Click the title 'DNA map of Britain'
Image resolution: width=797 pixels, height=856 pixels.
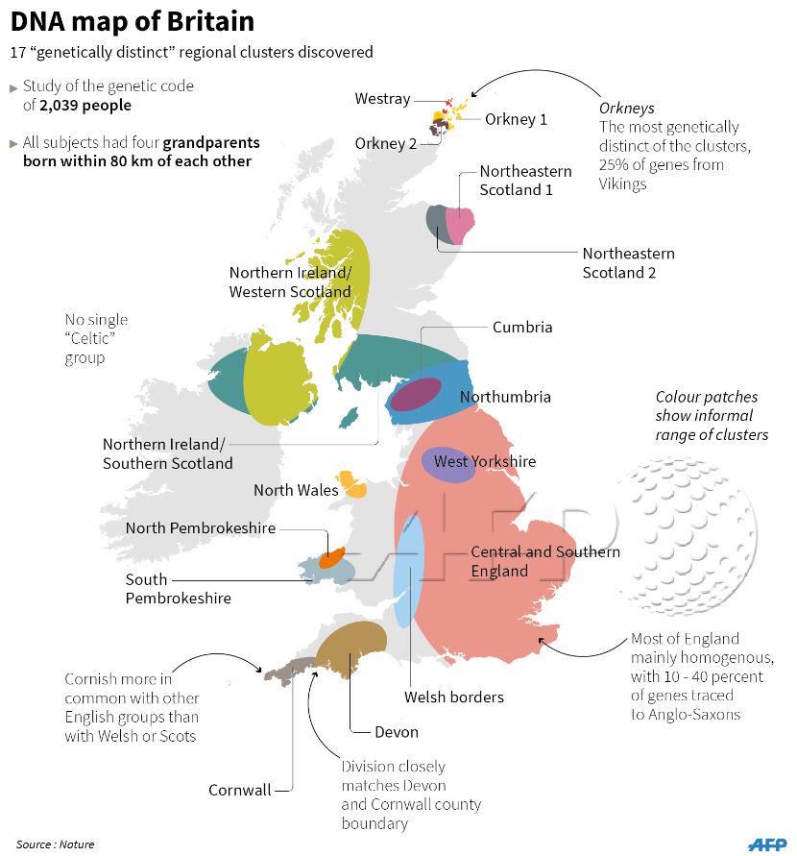[133, 21]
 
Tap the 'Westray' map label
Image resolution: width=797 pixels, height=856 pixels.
[382, 99]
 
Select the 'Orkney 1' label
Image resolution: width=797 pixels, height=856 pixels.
[516, 119]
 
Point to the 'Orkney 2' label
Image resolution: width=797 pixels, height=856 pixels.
[386, 143]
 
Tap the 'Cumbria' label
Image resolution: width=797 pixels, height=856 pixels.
[522, 327]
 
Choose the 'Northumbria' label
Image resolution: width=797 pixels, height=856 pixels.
[505, 397]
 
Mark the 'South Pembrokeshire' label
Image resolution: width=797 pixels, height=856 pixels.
[178, 588]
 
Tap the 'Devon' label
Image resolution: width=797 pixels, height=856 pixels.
[397, 731]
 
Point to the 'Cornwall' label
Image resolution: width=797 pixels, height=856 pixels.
[239, 790]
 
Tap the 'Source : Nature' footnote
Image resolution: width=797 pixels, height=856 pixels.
[55, 844]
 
